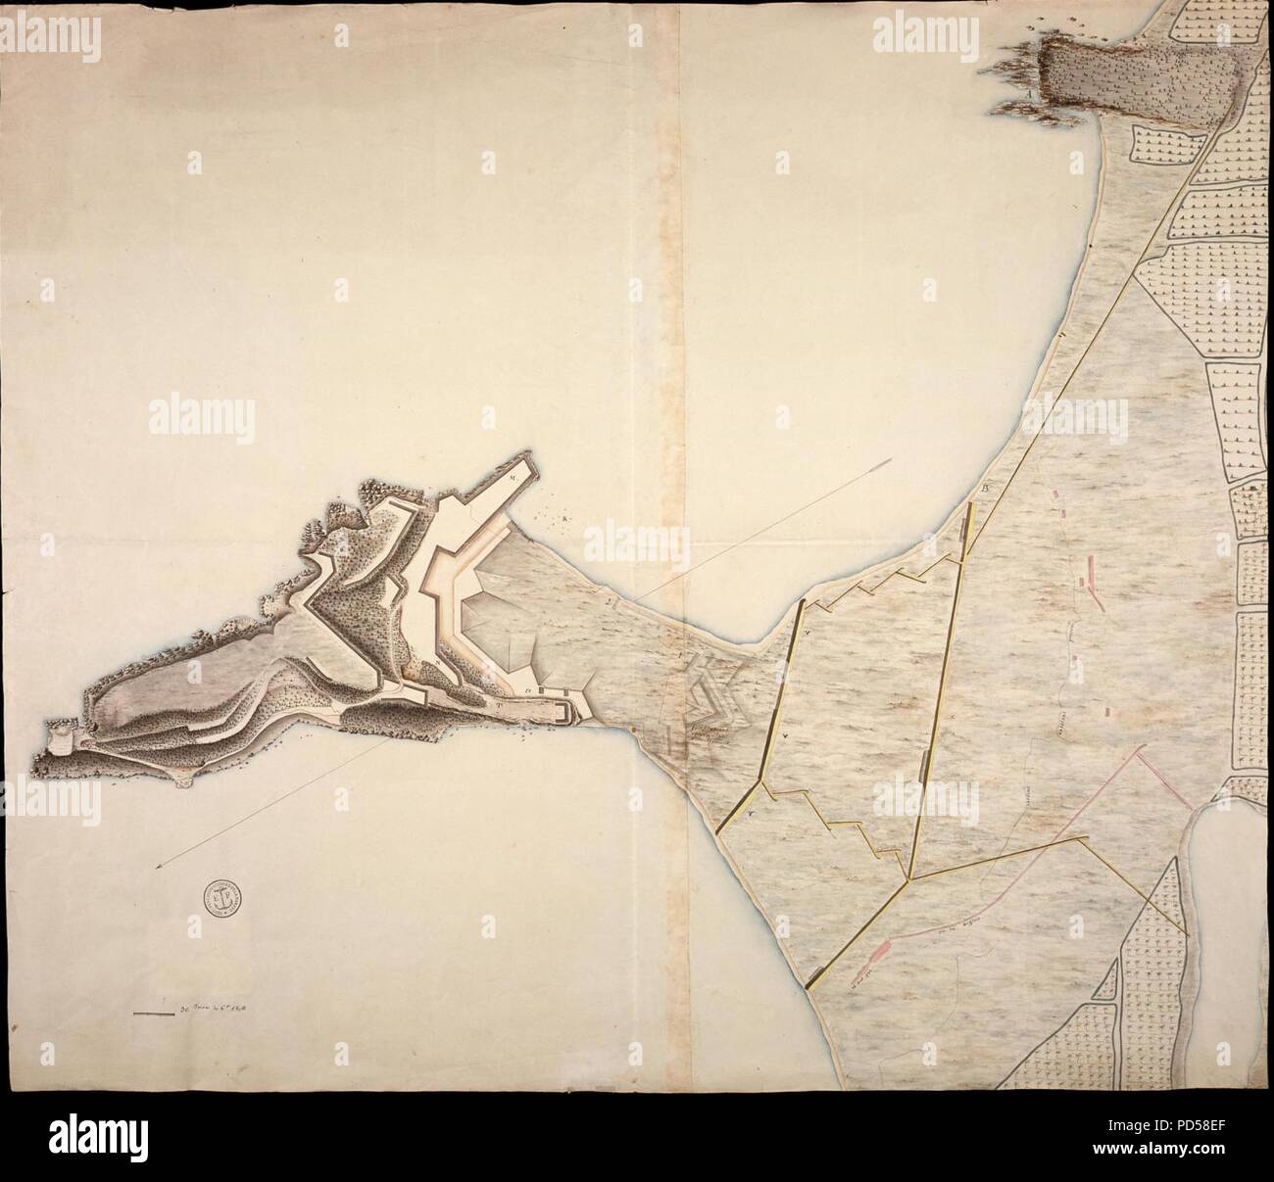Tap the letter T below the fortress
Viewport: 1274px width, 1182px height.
coord(499,703)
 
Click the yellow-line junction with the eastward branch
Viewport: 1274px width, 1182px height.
coord(910,878)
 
